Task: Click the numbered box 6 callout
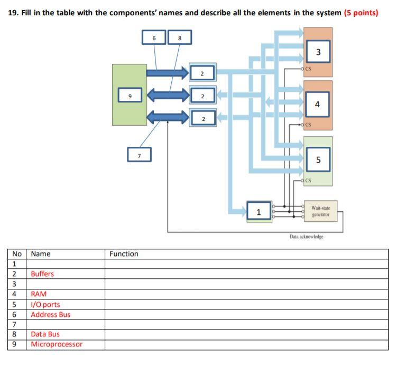click(x=154, y=37)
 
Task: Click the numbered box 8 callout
click(x=179, y=37)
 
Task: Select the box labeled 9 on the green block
click(x=130, y=96)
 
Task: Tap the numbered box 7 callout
click(x=139, y=155)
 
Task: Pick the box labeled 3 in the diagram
click(x=318, y=52)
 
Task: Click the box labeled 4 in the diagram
click(x=317, y=104)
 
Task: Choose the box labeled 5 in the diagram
click(x=318, y=159)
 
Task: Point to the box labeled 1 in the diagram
click(x=259, y=212)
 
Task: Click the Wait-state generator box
click(x=321, y=211)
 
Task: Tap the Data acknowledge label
click(x=306, y=237)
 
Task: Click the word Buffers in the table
click(x=42, y=274)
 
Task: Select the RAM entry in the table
click(x=39, y=294)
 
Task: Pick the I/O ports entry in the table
click(x=45, y=304)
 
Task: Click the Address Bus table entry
click(x=51, y=314)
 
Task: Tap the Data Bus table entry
click(x=45, y=334)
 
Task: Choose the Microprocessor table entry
click(x=57, y=344)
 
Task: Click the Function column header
click(x=124, y=254)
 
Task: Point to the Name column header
click(x=41, y=254)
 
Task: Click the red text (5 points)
click(x=361, y=13)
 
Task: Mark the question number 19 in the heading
click(x=14, y=13)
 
